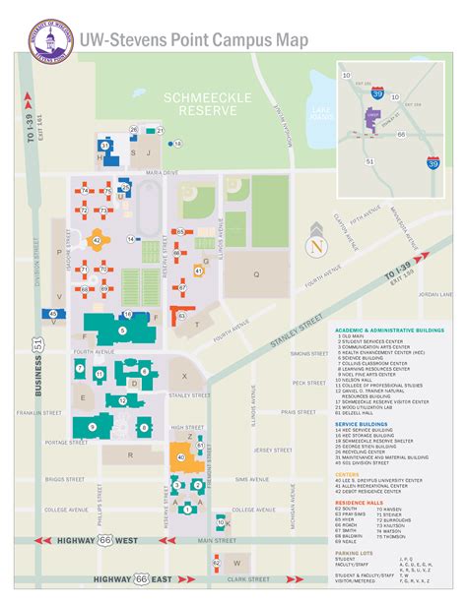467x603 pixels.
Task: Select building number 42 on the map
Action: [96, 238]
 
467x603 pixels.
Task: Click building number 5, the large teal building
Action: [120, 331]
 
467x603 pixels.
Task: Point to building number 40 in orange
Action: [179, 455]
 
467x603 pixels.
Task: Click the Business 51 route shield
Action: [37, 343]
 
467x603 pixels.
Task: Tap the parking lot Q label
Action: [255, 275]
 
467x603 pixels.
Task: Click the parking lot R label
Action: [133, 454]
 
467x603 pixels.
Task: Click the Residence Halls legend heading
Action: [360, 503]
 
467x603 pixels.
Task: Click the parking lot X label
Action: [183, 377]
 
